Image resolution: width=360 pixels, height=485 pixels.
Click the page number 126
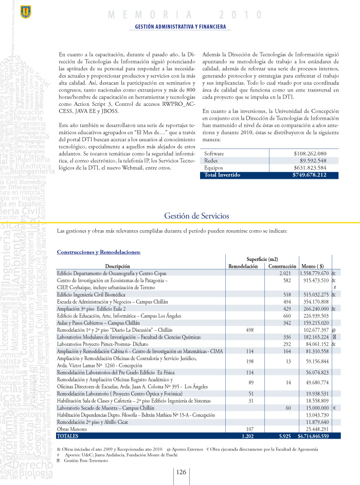181,473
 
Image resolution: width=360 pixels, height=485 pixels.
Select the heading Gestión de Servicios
197,216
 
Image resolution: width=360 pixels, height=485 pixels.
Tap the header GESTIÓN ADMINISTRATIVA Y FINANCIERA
179,26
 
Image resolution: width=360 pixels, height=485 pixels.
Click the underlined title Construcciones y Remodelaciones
98,252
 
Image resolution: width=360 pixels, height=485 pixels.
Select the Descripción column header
117,266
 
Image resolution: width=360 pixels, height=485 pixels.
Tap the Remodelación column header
243,266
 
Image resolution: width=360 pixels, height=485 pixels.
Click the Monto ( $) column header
313,266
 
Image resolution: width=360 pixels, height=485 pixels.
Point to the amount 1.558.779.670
314,273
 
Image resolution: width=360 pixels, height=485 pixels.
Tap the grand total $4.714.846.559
313,436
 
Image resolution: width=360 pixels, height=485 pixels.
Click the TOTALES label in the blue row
68,436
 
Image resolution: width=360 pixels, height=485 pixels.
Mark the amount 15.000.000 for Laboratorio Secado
316,407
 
